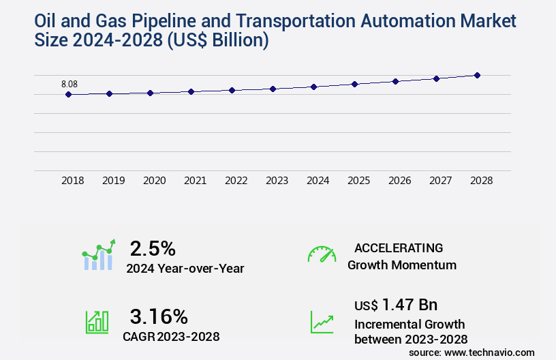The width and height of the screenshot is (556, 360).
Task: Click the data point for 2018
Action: pos(68,94)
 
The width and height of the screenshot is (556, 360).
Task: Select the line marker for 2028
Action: pos(477,75)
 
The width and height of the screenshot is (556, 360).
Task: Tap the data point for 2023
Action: pos(273,89)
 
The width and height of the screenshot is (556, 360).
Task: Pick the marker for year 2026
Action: pos(395,81)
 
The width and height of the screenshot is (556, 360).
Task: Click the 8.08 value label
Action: pos(69,84)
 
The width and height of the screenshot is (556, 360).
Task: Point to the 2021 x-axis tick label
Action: pos(196,181)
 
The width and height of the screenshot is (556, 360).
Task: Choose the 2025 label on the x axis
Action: pos(358,181)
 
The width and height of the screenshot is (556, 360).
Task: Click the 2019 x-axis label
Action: pos(114,181)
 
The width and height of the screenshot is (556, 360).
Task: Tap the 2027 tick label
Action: pos(440,181)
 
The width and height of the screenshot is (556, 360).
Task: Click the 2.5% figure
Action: pos(153,247)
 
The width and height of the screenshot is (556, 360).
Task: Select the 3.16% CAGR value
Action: pos(159,316)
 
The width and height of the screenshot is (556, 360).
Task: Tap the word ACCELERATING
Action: pos(399,247)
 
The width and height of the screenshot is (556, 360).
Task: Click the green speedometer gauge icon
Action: pos(322,254)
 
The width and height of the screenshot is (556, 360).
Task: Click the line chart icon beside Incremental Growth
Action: pos(322,322)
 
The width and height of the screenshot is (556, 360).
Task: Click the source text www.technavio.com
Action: pos(489,352)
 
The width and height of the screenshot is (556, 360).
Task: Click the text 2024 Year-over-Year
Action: pos(185,269)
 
